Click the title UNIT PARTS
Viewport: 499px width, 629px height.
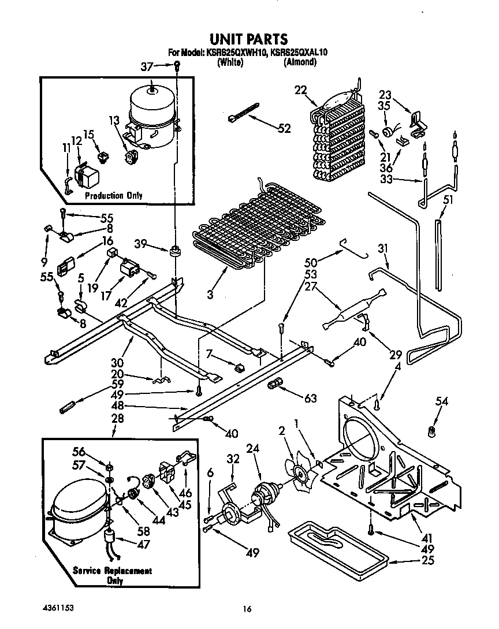pos(248,39)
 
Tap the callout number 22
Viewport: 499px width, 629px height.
pos(300,90)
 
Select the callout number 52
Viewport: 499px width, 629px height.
pos(284,129)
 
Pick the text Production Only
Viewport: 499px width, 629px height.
pos(113,195)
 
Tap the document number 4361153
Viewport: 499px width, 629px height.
pos(58,608)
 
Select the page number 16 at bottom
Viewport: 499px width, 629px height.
pos(248,608)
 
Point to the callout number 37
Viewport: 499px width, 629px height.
pos(148,68)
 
